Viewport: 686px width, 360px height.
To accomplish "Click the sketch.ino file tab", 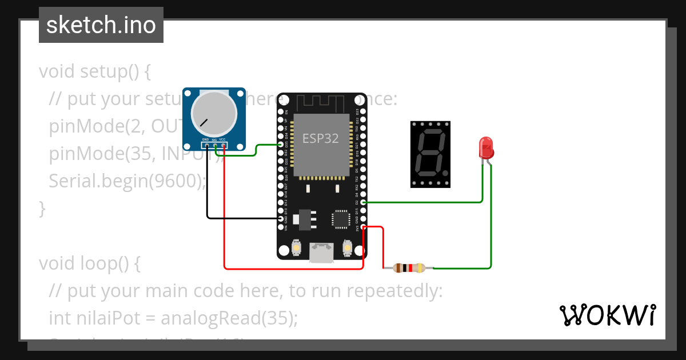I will point(101,25).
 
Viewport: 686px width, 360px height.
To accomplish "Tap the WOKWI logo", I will point(607,315).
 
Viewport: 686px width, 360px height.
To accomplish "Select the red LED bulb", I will point(485,148).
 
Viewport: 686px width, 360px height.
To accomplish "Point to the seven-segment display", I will point(430,154).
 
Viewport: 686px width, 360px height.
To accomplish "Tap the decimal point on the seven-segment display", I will point(444,173).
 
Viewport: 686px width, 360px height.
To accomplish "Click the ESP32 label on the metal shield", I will point(320,138).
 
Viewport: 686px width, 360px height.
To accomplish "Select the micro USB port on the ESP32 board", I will point(322,252).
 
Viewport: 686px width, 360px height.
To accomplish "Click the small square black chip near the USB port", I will point(340,219).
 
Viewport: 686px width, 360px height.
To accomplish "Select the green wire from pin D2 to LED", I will point(423,202).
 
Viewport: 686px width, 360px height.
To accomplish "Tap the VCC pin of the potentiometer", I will point(224,145).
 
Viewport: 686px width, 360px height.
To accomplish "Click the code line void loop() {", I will point(89,263).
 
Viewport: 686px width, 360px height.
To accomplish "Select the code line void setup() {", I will point(94,71).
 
